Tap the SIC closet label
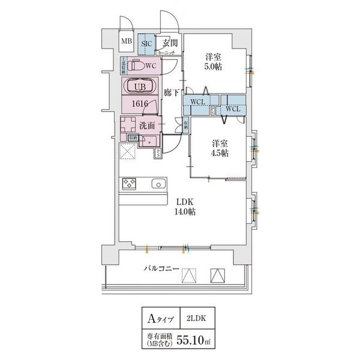click(x=146, y=43)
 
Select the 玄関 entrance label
click(x=169, y=43)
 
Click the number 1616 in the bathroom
click(x=141, y=104)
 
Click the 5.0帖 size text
click(x=213, y=67)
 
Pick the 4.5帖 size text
click(x=218, y=154)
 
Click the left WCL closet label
click(x=198, y=102)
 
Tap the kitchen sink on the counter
click(x=158, y=184)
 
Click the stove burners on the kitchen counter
click(x=129, y=184)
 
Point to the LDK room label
click(x=184, y=202)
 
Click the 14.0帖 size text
click(x=184, y=212)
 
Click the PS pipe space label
click(x=158, y=153)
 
